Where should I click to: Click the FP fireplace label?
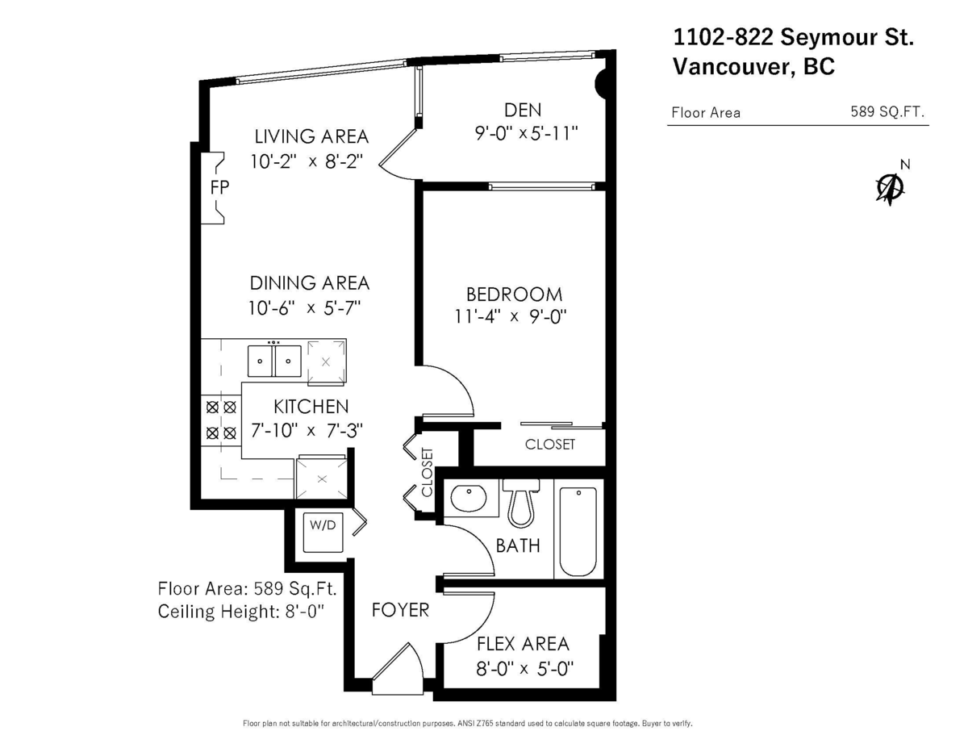click(x=219, y=187)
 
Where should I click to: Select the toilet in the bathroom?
click(x=521, y=503)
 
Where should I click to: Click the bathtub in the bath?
click(x=578, y=532)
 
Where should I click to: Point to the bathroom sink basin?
click(x=469, y=497)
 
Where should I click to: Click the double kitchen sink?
click(x=274, y=361)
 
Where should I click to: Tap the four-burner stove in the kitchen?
click(x=221, y=420)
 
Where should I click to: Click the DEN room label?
click(x=523, y=110)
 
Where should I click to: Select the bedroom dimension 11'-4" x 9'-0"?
click(x=511, y=317)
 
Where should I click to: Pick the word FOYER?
click(x=400, y=610)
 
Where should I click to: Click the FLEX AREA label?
click(x=523, y=644)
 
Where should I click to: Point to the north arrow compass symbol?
click(x=891, y=186)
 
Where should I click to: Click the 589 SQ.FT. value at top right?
click(x=887, y=111)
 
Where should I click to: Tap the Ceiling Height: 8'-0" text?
click(x=241, y=612)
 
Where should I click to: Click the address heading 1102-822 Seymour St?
click(x=794, y=37)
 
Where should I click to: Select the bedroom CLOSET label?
click(x=550, y=444)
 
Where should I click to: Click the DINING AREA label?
click(x=310, y=283)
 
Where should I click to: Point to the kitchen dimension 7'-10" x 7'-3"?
click(x=307, y=431)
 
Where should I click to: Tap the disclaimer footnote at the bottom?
click(x=467, y=724)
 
